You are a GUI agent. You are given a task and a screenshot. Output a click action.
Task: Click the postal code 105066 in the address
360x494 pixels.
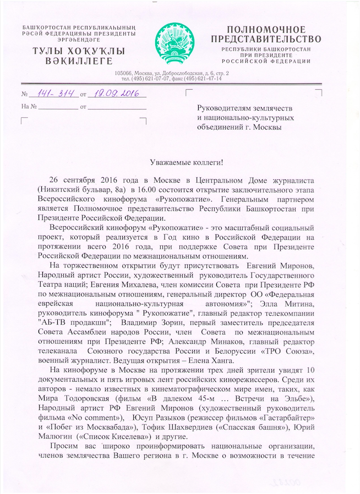124,73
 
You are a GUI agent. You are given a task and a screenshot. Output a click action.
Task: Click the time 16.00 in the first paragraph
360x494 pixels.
156,189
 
